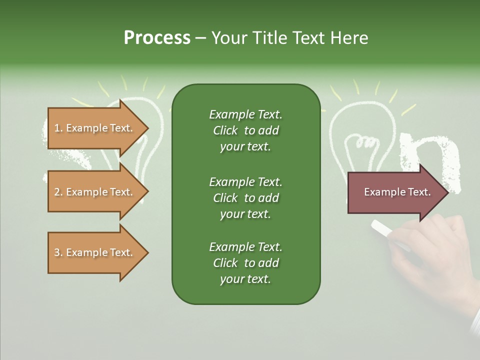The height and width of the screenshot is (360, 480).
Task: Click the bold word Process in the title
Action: coord(157,38)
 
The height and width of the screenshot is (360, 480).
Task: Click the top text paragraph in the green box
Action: coord(245,130)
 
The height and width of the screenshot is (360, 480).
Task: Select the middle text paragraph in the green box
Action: coord(245,198)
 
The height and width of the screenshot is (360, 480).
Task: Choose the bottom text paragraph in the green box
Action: coord(245,263)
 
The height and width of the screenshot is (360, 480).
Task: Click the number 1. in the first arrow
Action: coord(58,128)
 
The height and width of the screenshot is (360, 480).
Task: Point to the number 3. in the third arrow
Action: coord(58,252)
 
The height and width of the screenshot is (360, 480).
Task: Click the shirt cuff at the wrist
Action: coord(474,325)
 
